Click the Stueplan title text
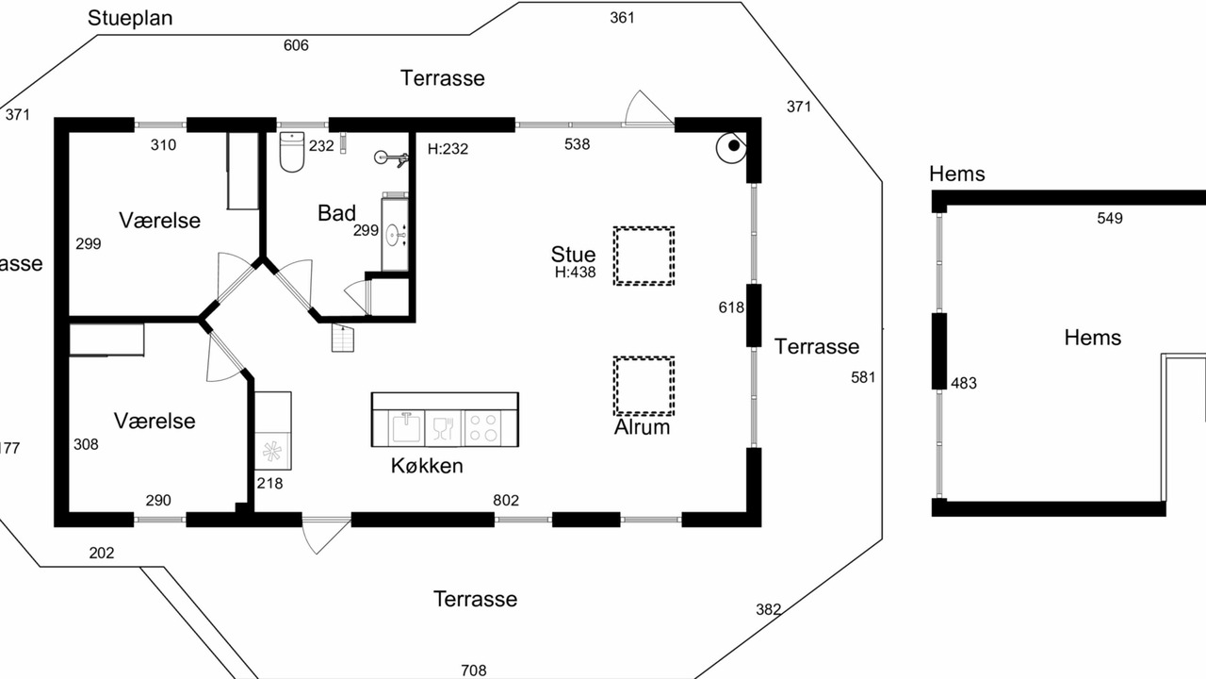[130, 18]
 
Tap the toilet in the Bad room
[292, 152]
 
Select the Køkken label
[427, 466]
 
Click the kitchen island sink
[406, 428]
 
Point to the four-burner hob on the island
[483, 428]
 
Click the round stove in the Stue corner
[732, 146]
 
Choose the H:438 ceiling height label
[575, 273]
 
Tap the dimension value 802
[506, 501]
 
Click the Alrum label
[642, 427]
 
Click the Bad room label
[336, 213]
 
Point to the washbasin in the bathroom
[395, 235]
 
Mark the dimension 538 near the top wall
[577, 144]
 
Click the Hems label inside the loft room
[1092, 338]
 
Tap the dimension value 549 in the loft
[1110, 218]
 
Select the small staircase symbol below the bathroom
[342, 338]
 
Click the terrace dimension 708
[473, 671]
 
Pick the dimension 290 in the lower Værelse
[158, 501]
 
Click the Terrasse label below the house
[475, 599]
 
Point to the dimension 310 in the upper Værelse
[163, 145]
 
